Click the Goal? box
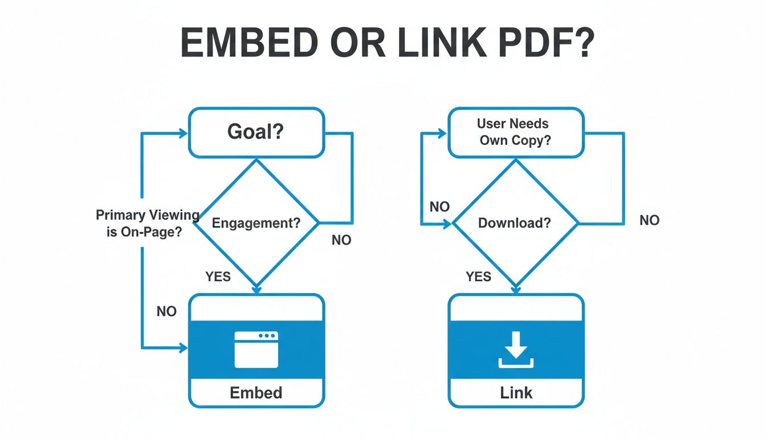256,132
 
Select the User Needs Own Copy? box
516,132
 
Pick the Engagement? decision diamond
256,223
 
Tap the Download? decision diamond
515,223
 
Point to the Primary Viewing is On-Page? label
148,223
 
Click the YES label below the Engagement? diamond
218,277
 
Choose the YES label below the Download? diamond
478,277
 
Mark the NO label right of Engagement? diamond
341,241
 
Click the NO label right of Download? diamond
649,220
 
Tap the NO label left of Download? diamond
439,206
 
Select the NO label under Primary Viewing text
166,311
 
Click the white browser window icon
256,349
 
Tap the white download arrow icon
516,349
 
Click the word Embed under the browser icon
256,392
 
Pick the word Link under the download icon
516,392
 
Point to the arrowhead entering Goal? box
184,133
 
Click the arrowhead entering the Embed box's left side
184,347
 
